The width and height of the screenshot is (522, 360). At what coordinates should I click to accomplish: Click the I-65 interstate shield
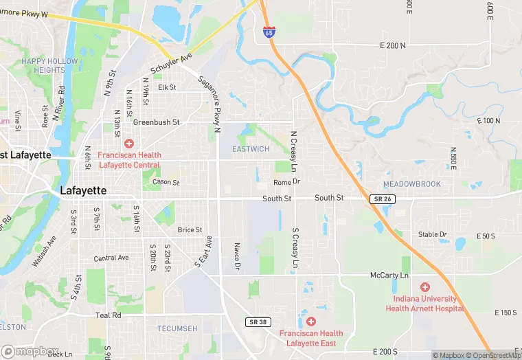tap(269, 32)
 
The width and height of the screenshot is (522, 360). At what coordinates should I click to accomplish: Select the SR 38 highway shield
tap(256, 322)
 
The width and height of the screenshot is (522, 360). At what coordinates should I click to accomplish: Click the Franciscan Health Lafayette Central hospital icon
tap(129, 144)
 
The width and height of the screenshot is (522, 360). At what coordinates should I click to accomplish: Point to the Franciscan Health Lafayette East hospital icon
tap(310, 322)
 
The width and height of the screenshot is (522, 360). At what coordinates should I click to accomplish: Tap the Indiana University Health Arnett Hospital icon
tap(424, 286)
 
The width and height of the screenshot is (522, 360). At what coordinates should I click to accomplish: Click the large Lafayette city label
tap(83, 190)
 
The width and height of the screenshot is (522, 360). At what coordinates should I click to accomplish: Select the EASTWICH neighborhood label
tap(251, 149)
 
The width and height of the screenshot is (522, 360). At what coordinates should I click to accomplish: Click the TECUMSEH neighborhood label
tap(177, 328)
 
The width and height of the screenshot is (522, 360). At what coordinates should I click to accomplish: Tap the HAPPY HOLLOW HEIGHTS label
tap(49, 65)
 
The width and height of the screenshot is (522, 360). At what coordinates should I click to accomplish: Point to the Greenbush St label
tap(156, 122)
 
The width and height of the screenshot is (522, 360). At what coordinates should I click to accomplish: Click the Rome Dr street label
tap(287, 182)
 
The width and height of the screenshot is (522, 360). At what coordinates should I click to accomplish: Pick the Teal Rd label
tap(108, 315)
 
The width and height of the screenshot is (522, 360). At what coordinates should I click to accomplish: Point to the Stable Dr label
tap(433, 234)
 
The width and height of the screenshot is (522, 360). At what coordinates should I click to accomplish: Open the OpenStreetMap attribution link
tap(493, 355)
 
